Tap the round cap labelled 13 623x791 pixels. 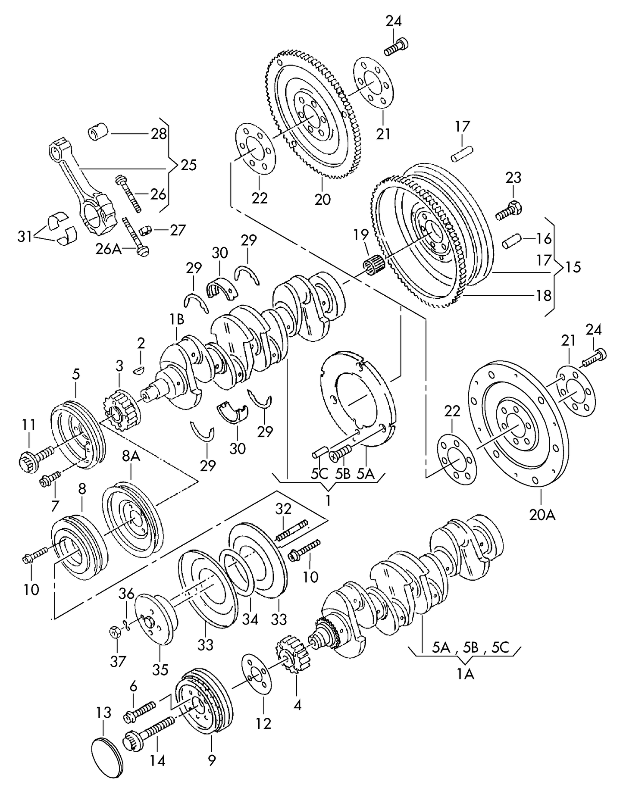[108, 758]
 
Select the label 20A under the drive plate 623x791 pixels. [543, 515]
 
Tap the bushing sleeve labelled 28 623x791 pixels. [98, 131]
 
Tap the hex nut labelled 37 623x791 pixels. [115, 632]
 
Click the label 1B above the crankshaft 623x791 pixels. [177, 319]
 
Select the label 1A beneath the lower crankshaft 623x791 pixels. [466, 674]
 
